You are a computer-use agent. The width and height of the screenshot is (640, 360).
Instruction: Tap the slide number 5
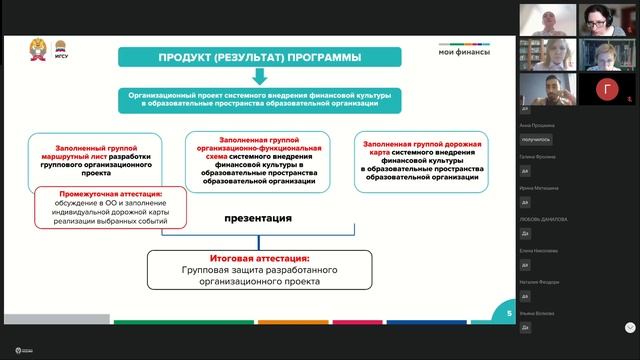coord(509,314)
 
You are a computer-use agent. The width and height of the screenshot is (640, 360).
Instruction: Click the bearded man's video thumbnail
coord(545,91)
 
